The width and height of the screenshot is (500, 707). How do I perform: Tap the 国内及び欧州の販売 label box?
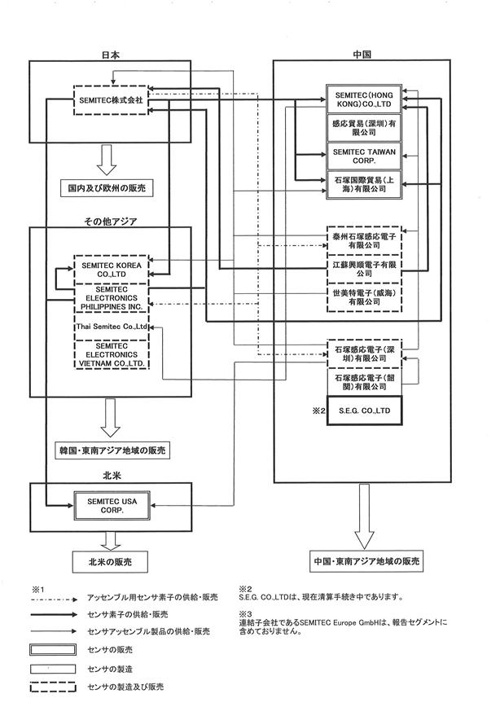tap(107, 187)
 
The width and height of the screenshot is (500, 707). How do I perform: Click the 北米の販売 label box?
tap(110, 562)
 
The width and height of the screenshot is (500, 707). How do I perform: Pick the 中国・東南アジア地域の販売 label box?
tap(366, 561)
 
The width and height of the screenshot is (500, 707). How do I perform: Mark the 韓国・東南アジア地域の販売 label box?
tap(112, 450)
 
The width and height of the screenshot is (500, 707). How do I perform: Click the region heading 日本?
tap(111, 55)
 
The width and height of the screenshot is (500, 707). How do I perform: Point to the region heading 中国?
tap(362, 55)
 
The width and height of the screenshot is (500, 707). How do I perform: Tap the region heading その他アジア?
tap(111, 222)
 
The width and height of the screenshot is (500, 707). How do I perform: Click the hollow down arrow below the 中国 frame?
tap(364, 516)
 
